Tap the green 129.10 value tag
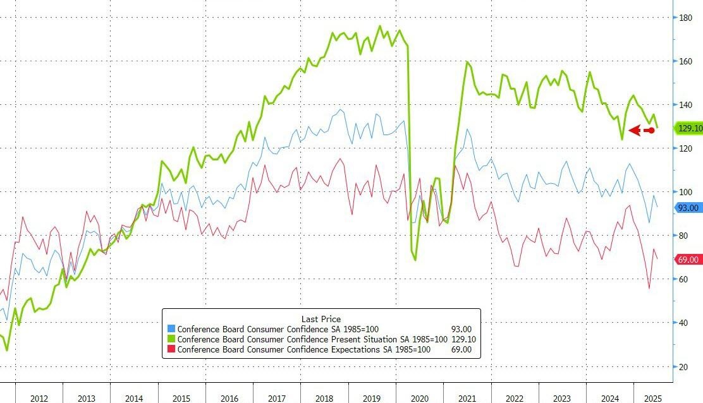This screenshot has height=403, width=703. tap(689, 128)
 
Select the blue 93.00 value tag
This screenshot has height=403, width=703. tap(688, 208)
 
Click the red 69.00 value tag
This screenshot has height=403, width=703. tap(688, 260)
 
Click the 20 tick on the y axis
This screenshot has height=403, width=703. tap(683, 366)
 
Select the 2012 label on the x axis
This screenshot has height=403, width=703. tap(39, 398)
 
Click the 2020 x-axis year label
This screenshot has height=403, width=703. tap(419, 398)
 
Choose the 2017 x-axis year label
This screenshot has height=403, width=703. tap(276, 398)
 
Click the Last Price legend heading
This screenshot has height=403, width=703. tap(321, 319)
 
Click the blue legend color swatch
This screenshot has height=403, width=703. tap(171, 329)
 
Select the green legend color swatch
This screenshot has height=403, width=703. tap(171, 339)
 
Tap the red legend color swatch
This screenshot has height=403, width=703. tap(171, 349)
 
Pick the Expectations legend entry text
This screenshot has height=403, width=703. tap(303, 349)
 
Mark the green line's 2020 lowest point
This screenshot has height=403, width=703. tap(415, 260)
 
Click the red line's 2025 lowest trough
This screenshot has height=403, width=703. tap(649, 289)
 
